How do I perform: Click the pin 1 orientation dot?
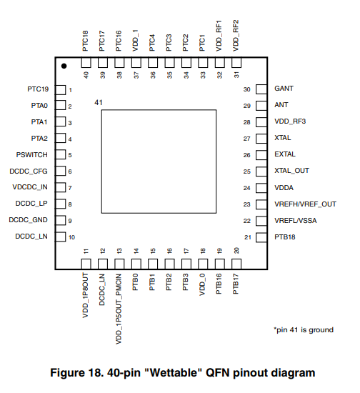pyautogui.click(x=64, y=66)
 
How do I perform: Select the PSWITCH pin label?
pyautogui.click(x=32, y=155)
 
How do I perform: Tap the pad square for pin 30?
pyautogui.click(x=261, y=89)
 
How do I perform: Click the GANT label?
pyautogui.click(x=284, y=89)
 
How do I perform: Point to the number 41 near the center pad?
pyautogui.click(x=99, y=102)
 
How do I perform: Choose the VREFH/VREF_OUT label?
pyautogui.click(x=306, y=204)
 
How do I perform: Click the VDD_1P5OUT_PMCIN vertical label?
pyautogui.click(x=119, y=309)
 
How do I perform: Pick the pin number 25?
pyautogui.click(x=246, y=171)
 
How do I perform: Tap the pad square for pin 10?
pyautogui.click(x=61, y=237)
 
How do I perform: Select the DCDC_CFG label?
pyautogui.click(x=29, y=171)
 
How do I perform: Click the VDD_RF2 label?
pyautogui.click(x=236, y=36)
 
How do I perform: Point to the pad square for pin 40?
pyautogui.click(x=86, y=63)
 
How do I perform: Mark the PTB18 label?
pyautogui.click(x=285, y=237)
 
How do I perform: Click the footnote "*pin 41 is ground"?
pyautogui.click(x=304, y=330)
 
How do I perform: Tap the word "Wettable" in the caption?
pyautogui.click(x=174, y=373)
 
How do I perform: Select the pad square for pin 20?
pyautogui.click(x=236, y=264)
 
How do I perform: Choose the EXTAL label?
pyautogui.click(x=285, y=154)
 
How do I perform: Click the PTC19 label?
pyautogui.click(x=38, y=89)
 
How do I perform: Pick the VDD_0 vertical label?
pyautogui.click(x=202, y=284)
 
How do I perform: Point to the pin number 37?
pyautogui.click(x=136, y=75)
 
